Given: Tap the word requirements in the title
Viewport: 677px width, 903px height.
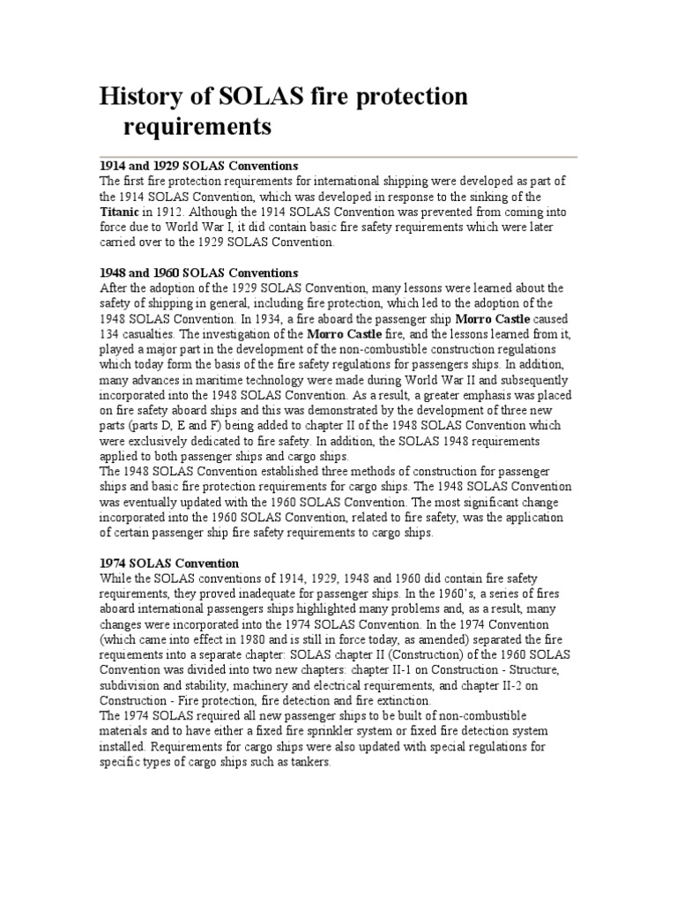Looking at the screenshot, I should click(196, 127).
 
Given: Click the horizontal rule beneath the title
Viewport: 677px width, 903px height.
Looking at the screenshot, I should click(338, 157).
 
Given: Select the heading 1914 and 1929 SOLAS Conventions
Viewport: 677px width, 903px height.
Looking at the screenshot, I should click(199, 166).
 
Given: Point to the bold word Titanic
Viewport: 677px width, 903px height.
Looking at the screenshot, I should click(120, 213).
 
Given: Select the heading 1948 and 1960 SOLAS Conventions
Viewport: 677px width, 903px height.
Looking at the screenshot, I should click(199, 272).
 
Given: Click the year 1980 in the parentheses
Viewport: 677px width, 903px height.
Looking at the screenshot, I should click(246, 639).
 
